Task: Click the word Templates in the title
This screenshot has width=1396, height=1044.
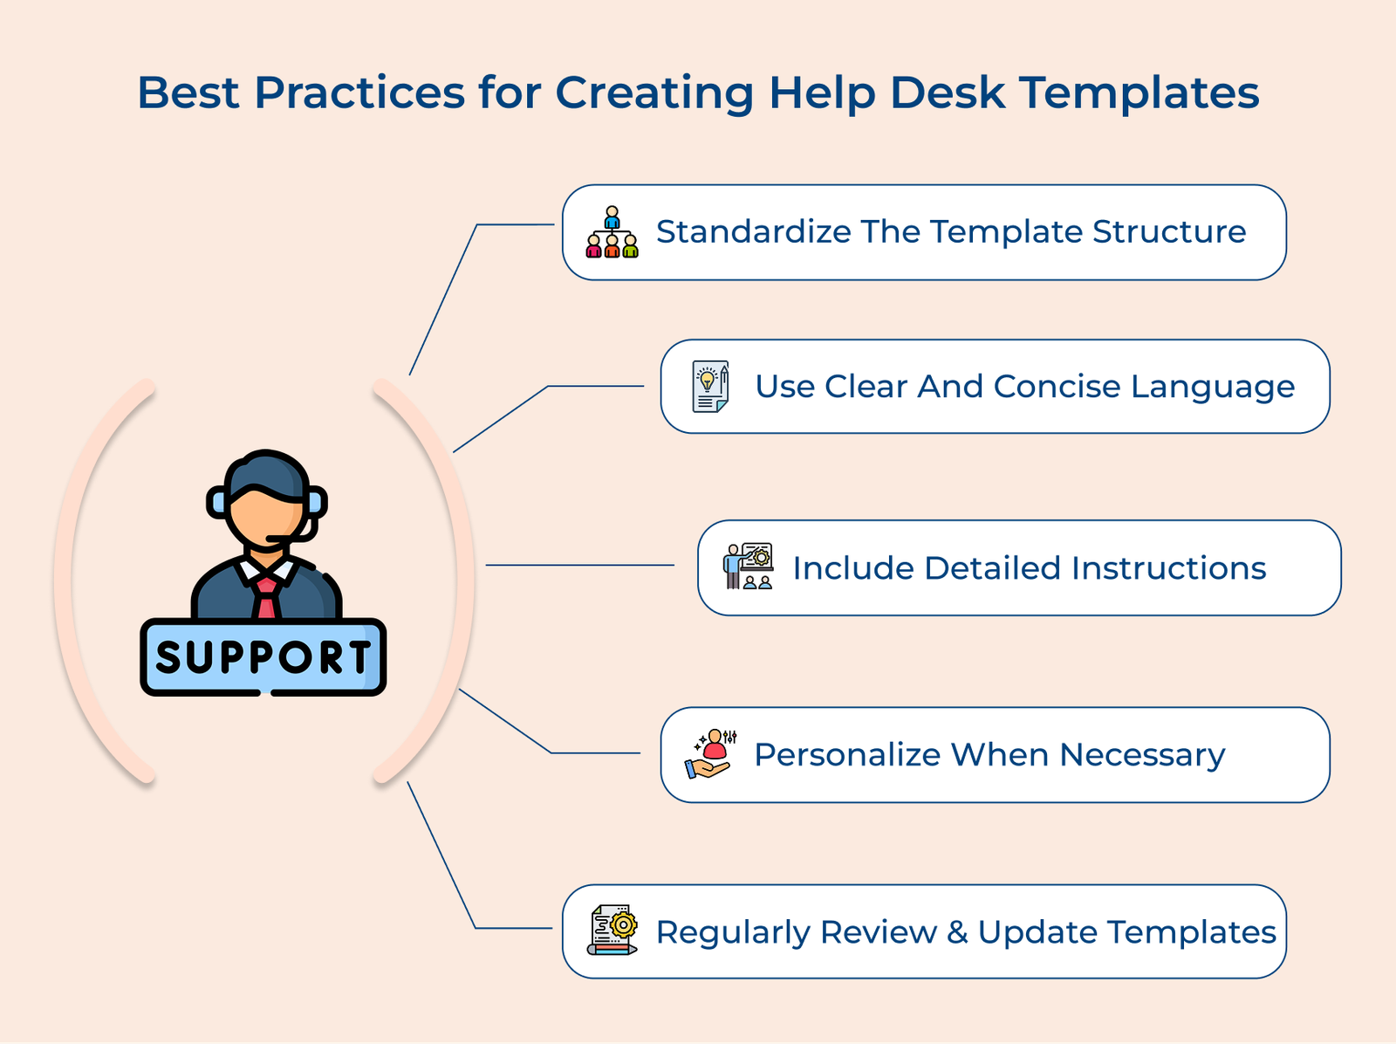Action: coord(1139,93)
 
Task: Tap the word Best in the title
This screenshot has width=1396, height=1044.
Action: coord(188,93)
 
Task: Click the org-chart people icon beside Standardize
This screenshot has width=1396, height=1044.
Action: coord(612,233)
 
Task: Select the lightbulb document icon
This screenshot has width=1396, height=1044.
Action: coord(710,387)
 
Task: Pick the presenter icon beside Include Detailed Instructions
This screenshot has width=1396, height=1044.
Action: coord(748,567)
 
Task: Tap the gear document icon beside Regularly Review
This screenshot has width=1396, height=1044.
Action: coord(612,931)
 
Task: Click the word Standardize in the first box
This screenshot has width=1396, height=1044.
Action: coord(753,232)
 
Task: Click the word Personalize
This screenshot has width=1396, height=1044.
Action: coord(846,755)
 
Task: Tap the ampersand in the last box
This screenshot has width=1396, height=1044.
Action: coord(957,932)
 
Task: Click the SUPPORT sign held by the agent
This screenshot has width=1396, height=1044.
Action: coord(263,657)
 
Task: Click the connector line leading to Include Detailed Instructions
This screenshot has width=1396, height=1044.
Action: coord(579,566)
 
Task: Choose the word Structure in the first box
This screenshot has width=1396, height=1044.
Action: coord(1168,232)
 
